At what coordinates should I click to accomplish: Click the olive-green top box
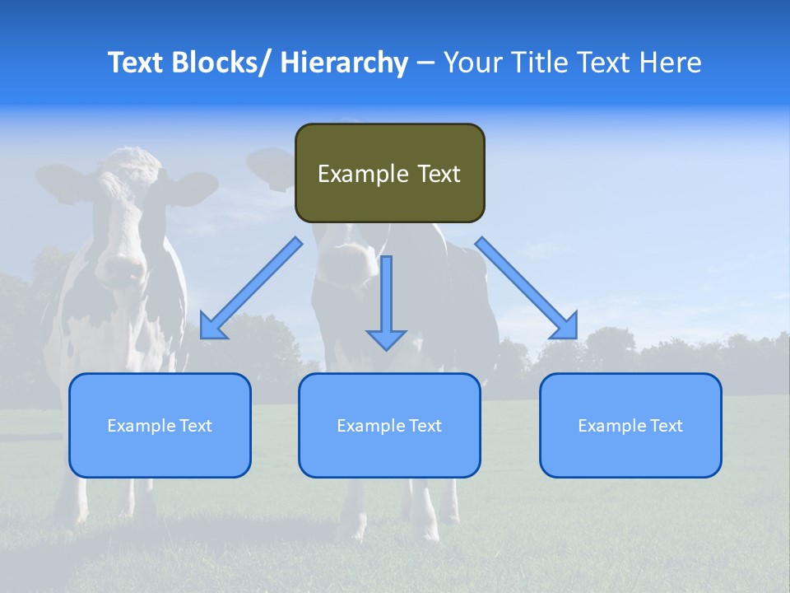(390, 173)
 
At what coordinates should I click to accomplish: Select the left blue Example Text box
(160, 425)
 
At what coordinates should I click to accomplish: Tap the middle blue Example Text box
(389, 425)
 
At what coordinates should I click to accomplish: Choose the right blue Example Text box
(630, 425)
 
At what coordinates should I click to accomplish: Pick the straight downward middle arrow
(387, 301)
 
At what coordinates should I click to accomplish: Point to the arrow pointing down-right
(527, 288)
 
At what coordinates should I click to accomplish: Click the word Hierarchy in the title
(344, 63)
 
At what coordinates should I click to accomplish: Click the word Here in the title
(669, 63)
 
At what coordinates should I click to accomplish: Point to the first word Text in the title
(137, 63)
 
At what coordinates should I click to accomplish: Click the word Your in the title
(472, 63)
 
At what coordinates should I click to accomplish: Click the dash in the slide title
(425, 63)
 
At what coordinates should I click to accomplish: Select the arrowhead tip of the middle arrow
(387, 348)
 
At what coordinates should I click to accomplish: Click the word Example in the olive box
(354, 174)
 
